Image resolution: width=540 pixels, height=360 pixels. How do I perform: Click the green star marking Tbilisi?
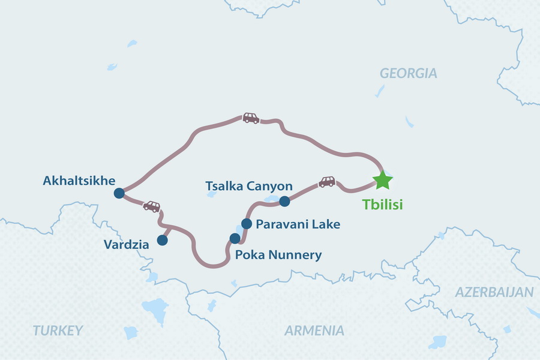382,179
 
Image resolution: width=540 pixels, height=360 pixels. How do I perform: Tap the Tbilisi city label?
382,205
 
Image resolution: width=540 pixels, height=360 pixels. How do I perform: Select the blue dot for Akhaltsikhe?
119,193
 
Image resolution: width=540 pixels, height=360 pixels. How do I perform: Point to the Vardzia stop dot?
162,240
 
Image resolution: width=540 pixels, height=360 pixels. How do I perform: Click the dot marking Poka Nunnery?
235,238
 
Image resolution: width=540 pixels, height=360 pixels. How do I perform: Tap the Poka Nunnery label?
278,255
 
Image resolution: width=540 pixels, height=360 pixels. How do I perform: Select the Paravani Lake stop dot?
246,224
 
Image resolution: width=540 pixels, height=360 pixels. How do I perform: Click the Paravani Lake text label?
298,224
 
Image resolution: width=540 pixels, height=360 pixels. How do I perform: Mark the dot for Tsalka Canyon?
284,201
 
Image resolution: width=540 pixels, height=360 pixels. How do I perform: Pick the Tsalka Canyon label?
249,186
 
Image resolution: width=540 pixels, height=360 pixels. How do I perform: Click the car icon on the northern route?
251,118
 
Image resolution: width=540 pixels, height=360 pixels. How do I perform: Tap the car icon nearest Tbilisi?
327,181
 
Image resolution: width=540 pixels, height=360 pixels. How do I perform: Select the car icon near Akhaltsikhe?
152,206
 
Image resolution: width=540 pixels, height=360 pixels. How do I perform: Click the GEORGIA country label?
409,74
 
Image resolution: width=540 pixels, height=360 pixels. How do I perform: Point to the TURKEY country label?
58,330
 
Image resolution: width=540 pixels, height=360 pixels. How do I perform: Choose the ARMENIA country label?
314,330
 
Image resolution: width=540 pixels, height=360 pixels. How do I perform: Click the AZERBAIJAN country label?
494,292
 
